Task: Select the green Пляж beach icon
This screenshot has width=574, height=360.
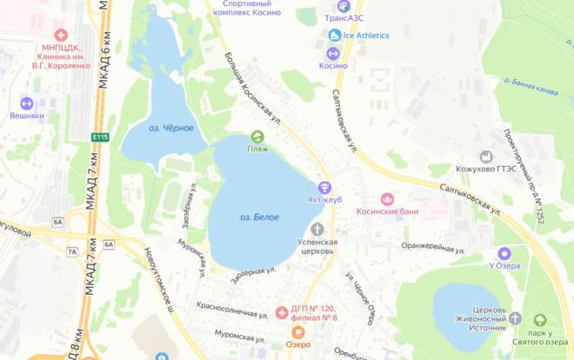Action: [x=257, y=136]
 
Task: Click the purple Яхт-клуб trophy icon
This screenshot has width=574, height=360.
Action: [x=324, y=187]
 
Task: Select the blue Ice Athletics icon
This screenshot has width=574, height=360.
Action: [x=335, y=35]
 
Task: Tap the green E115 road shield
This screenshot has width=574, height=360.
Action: [x=101, y=137]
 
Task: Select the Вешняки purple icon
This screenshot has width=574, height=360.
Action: [x=26, y=103]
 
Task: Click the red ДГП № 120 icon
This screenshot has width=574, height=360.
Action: [x=281, y=312]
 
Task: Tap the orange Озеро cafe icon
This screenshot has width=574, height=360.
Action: [x=298, y=331]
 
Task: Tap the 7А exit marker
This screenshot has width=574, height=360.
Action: [x=71, y=252]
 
